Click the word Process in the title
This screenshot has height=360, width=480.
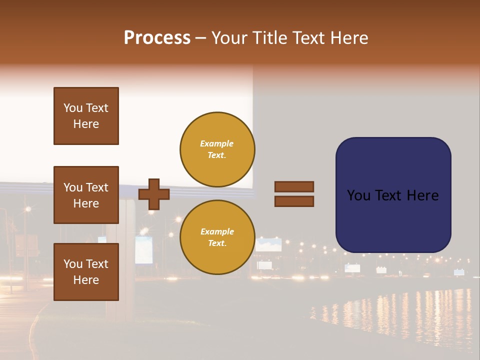pyautogui.click(x=157, y=38)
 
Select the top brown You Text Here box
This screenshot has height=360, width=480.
pyautogui.click(x=86, y=116)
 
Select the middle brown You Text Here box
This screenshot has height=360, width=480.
pyautogui.click(x=86, y=195)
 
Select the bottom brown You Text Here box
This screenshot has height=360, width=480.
pyautogui.click(x=86, y=272)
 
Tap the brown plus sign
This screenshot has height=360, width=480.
pyautogui.click(x=154, y=194)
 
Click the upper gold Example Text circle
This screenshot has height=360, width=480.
pyautogui.click(x=217, y=149)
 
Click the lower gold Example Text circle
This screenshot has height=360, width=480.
pyautogui.click(x=217, y=237)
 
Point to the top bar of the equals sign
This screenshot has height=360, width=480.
pyautogui.click(x=294, y=186)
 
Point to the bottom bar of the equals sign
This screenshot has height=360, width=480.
pyautogui.click(x=294, y=201)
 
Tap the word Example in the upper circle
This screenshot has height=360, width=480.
pyautogui.click(x=217, y=143)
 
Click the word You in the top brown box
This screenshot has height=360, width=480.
pyautogui.click(x=72, y=108)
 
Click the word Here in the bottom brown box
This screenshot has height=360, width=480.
pyautogui.click(x=86, y=280)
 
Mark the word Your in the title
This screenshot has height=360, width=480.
pyautogui.click(x=229, y=38)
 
